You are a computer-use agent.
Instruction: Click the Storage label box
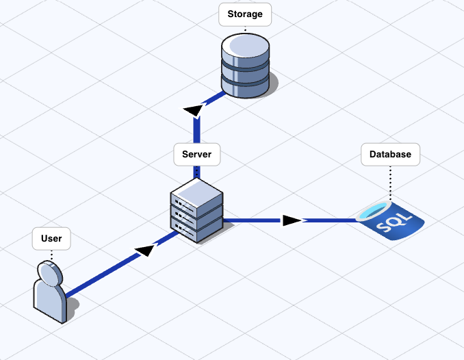pos(245,14)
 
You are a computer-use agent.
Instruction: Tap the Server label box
pos(197,154)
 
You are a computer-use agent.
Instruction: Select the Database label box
pos(390,154)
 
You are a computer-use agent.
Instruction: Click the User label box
pos(51,238)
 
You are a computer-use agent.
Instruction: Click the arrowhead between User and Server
pos(144,250)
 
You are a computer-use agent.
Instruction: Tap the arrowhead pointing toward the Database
pos(293,220)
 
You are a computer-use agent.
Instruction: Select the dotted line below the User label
pos(51,254)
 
